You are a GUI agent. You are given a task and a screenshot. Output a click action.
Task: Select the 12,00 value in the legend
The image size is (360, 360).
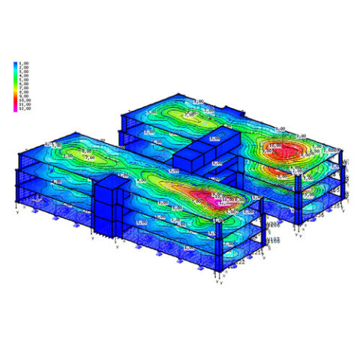coord(24,109)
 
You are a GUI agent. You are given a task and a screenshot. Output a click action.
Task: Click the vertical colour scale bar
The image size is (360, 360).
coord(16,86)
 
